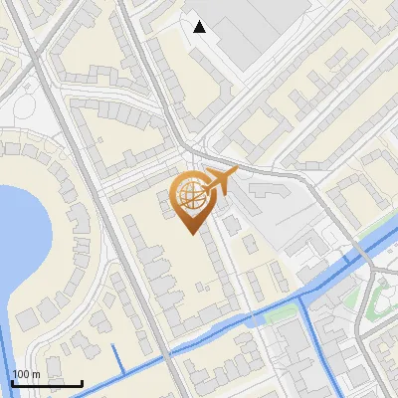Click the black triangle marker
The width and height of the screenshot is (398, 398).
(x=200, y=26)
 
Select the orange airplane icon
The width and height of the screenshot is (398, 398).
(x=218, y=183)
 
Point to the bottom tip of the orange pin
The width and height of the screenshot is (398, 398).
(x=189, y=233)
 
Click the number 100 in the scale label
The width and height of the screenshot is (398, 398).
(x=21, y=374)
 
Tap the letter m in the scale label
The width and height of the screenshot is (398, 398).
(x=35, y=374)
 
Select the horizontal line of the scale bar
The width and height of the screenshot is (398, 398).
(x=47, y=383)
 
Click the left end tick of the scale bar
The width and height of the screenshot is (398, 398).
(x=12, y=381)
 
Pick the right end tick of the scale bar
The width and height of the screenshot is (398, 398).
(x=82, y=381)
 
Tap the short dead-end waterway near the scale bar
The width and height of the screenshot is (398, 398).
(x=118, y=359)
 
